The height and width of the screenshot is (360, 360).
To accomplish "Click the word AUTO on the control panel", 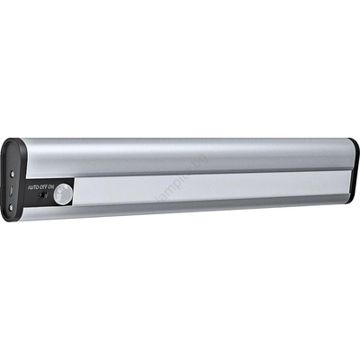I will point(32,186).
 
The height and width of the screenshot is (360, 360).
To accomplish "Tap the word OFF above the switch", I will point(42,186).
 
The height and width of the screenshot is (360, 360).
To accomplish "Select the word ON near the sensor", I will point(51,186).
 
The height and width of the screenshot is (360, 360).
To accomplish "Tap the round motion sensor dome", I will point(64,192).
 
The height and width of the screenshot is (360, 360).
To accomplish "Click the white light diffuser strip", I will point(207,188).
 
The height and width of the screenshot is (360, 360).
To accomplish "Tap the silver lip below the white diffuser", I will point(207,208).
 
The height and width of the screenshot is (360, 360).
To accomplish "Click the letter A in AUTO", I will point(28,186).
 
